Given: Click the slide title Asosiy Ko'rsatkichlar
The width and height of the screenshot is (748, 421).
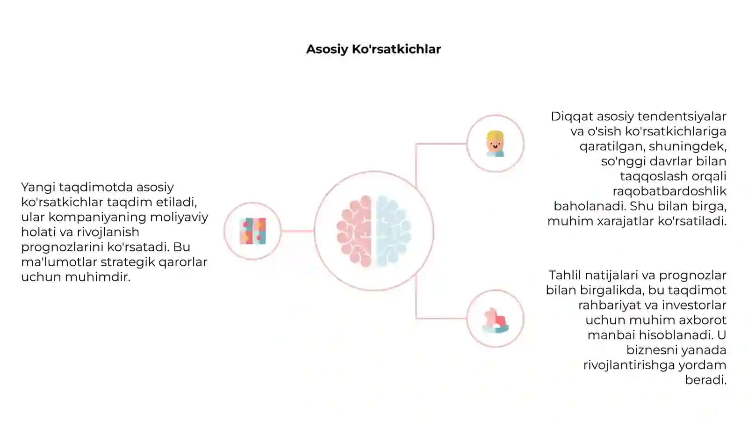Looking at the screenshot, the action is (x=374, y=50).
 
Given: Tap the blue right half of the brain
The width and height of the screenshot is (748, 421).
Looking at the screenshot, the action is (x=393, y=231).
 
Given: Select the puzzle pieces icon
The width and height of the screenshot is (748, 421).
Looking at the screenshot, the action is (x=253, y=231).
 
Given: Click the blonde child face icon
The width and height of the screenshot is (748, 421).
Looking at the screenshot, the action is (x=495, y=144).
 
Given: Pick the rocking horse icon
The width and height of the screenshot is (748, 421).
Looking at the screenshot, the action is (x=496, y=320).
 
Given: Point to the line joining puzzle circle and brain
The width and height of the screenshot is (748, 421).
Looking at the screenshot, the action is (x=297, y=231).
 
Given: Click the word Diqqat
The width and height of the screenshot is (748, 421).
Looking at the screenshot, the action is (x=572, y=116).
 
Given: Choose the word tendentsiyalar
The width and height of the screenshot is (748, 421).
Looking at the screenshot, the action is (x=682, y=116).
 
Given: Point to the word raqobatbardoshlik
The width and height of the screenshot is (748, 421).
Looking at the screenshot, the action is (x=669, y=191).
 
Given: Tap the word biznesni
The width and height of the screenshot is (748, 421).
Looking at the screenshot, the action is (x=652, y=350).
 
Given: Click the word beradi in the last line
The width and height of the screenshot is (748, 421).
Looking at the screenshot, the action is (x=705, y=380).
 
